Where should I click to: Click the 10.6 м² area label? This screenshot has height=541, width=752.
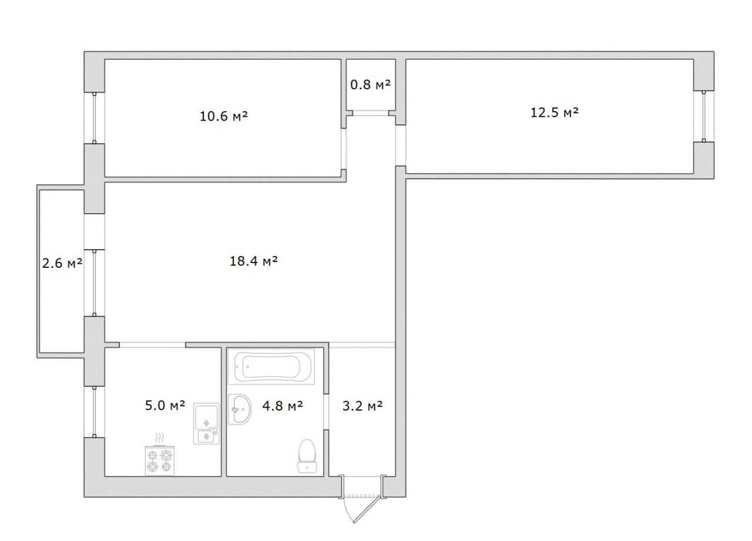(223, 116)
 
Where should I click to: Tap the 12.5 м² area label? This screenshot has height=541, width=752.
(555, 112)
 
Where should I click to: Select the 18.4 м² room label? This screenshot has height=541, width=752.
(253, 261)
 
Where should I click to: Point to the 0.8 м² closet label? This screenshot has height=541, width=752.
(370, 85)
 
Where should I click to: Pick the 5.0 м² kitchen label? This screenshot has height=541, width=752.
(165, 405)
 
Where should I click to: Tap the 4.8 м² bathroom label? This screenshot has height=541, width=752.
(283, 405)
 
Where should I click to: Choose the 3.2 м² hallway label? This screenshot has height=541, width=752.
(362, 405)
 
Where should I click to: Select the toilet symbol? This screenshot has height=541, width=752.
(308, 456)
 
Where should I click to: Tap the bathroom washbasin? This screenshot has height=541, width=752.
(239, 409)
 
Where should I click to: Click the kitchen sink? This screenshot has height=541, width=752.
(206, 424)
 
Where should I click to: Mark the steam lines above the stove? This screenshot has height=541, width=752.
(159, 438)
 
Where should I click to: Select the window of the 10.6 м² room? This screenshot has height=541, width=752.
(95, 118)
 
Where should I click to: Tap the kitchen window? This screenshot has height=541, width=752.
(95, 412)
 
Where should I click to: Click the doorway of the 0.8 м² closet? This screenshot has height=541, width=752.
(370, 113)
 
